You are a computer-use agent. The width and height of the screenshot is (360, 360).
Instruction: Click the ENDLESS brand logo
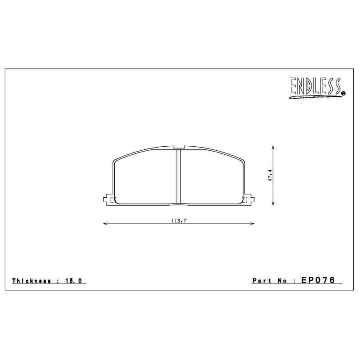[316, 87]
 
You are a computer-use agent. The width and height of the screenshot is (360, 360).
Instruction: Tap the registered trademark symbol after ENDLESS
[343, 93]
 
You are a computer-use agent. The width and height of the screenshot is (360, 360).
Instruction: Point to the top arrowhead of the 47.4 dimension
[273, 146]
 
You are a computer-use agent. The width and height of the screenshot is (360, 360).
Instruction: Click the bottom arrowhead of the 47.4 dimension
[273, 204]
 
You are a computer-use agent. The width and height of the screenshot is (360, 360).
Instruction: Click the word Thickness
[31, 281]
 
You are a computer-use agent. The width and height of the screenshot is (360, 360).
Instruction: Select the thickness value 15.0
[73, 281]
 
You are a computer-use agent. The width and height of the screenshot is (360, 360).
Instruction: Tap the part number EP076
[321, 280]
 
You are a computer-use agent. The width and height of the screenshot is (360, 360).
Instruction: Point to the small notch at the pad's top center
[179, 147]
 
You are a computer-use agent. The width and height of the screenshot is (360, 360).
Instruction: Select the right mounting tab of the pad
[250, 200]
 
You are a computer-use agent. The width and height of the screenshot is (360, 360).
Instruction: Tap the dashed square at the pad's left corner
[112, 199]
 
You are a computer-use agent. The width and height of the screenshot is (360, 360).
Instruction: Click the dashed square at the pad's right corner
[244, 199]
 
